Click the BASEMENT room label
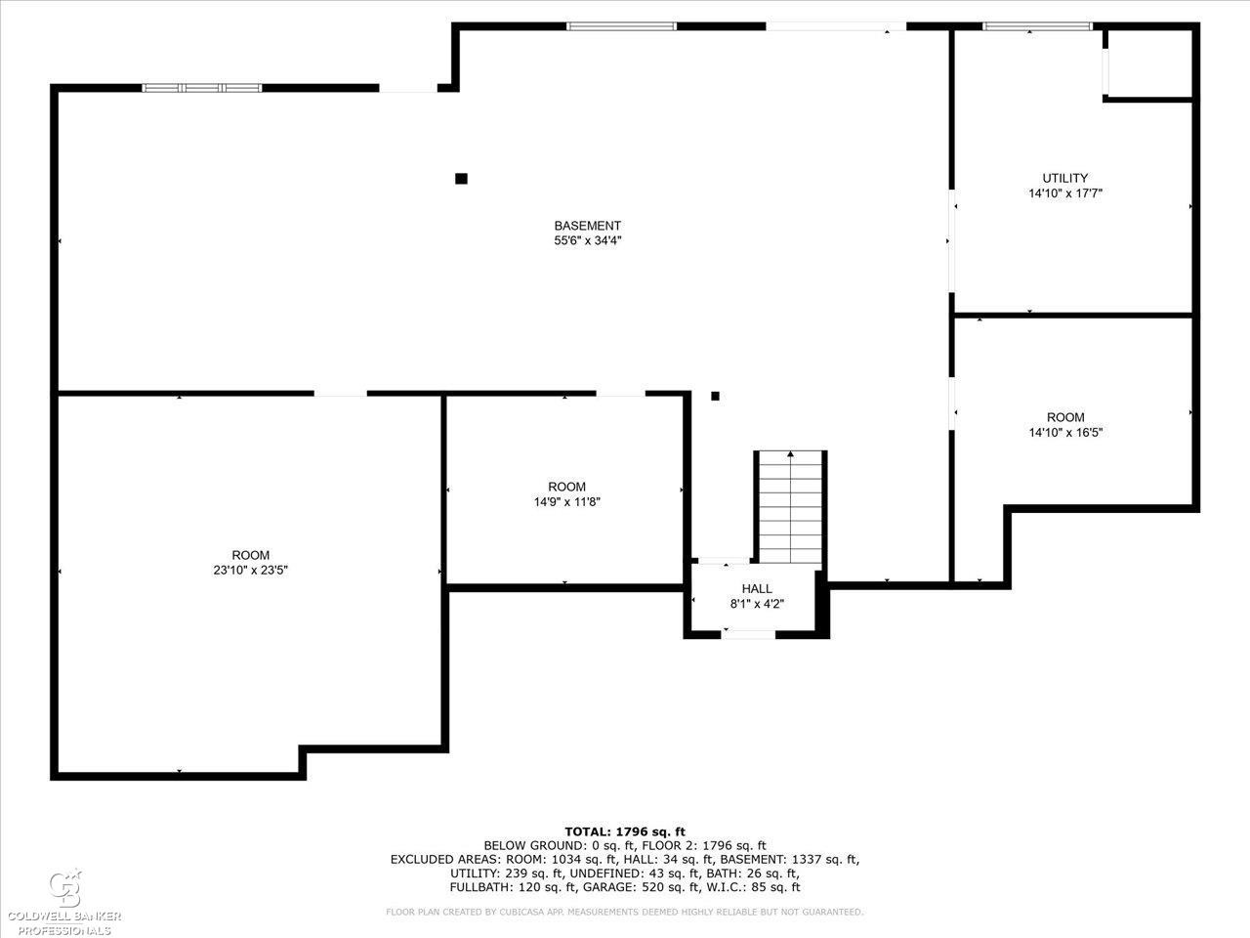[x=587, y=226]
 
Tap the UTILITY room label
[x=1064, y=178]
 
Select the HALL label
[x=757, y=588]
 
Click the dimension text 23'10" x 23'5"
[x=251, y=570]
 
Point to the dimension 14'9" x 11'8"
[x=566, y=502]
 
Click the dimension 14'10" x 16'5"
[x=1064, y=432]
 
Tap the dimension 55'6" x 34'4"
[x=587, y=240]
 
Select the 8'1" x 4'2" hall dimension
[x=757, y=604]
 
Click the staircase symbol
[x=790, y=507]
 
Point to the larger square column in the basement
[x=461, y=179]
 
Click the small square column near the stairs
[x=715, y=396]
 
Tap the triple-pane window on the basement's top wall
[x=201, y=88]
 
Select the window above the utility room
[x=1037, y=26]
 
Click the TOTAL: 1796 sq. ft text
[x=625, y=831]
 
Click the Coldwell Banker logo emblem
[x=64, y=889]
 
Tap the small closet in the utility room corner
[x=1149, y=64]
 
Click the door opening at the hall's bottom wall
[x=748, y=634]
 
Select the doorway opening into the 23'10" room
[x=341, y=394]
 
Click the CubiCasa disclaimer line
[x=624, y=912]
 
